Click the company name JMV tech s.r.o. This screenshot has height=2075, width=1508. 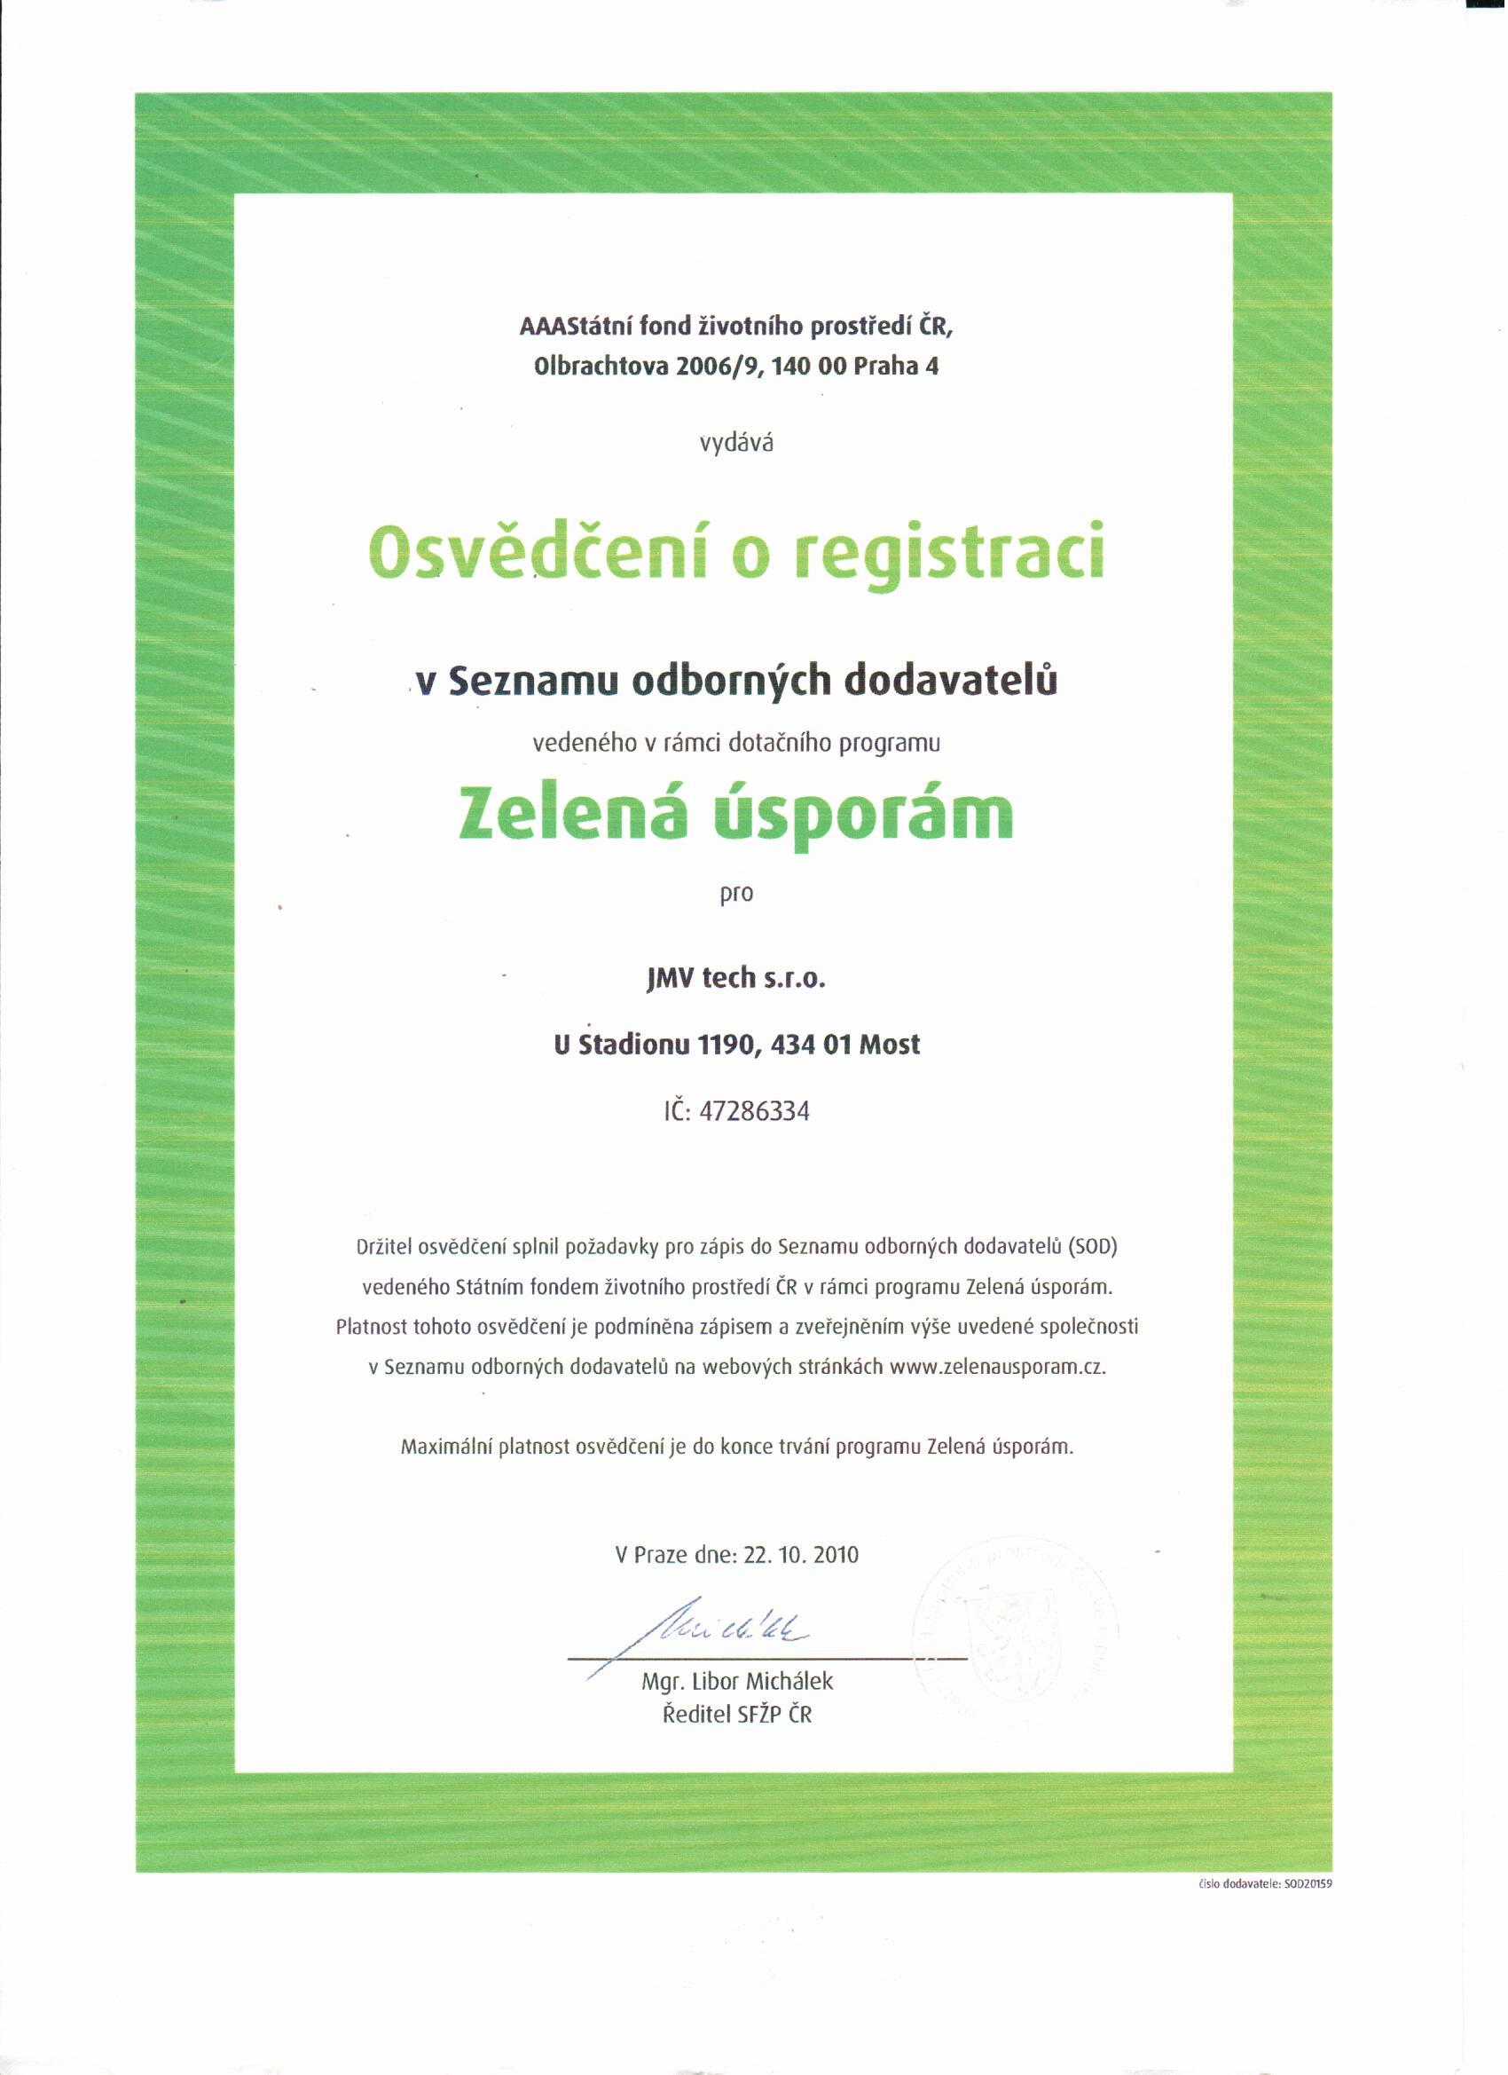coord(736,979)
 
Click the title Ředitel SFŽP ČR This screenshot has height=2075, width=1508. coord(737,1716)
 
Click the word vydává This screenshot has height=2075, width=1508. coord(737,445)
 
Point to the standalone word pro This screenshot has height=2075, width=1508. coord(736,894)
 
